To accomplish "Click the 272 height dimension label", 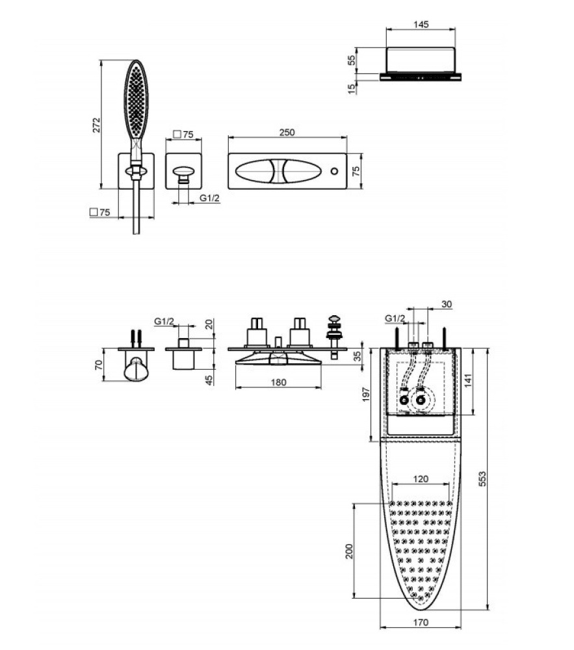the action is point(96,125).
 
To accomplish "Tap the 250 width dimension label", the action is point(287,132).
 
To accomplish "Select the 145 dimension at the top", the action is point(421,25).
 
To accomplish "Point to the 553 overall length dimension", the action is point(482,479).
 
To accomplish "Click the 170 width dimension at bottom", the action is point(421,634).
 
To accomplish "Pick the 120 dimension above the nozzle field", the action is point(421,479).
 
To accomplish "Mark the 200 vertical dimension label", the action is point(349,551).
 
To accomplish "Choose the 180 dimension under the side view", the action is point(278,382).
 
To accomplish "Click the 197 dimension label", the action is point(365,395).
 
